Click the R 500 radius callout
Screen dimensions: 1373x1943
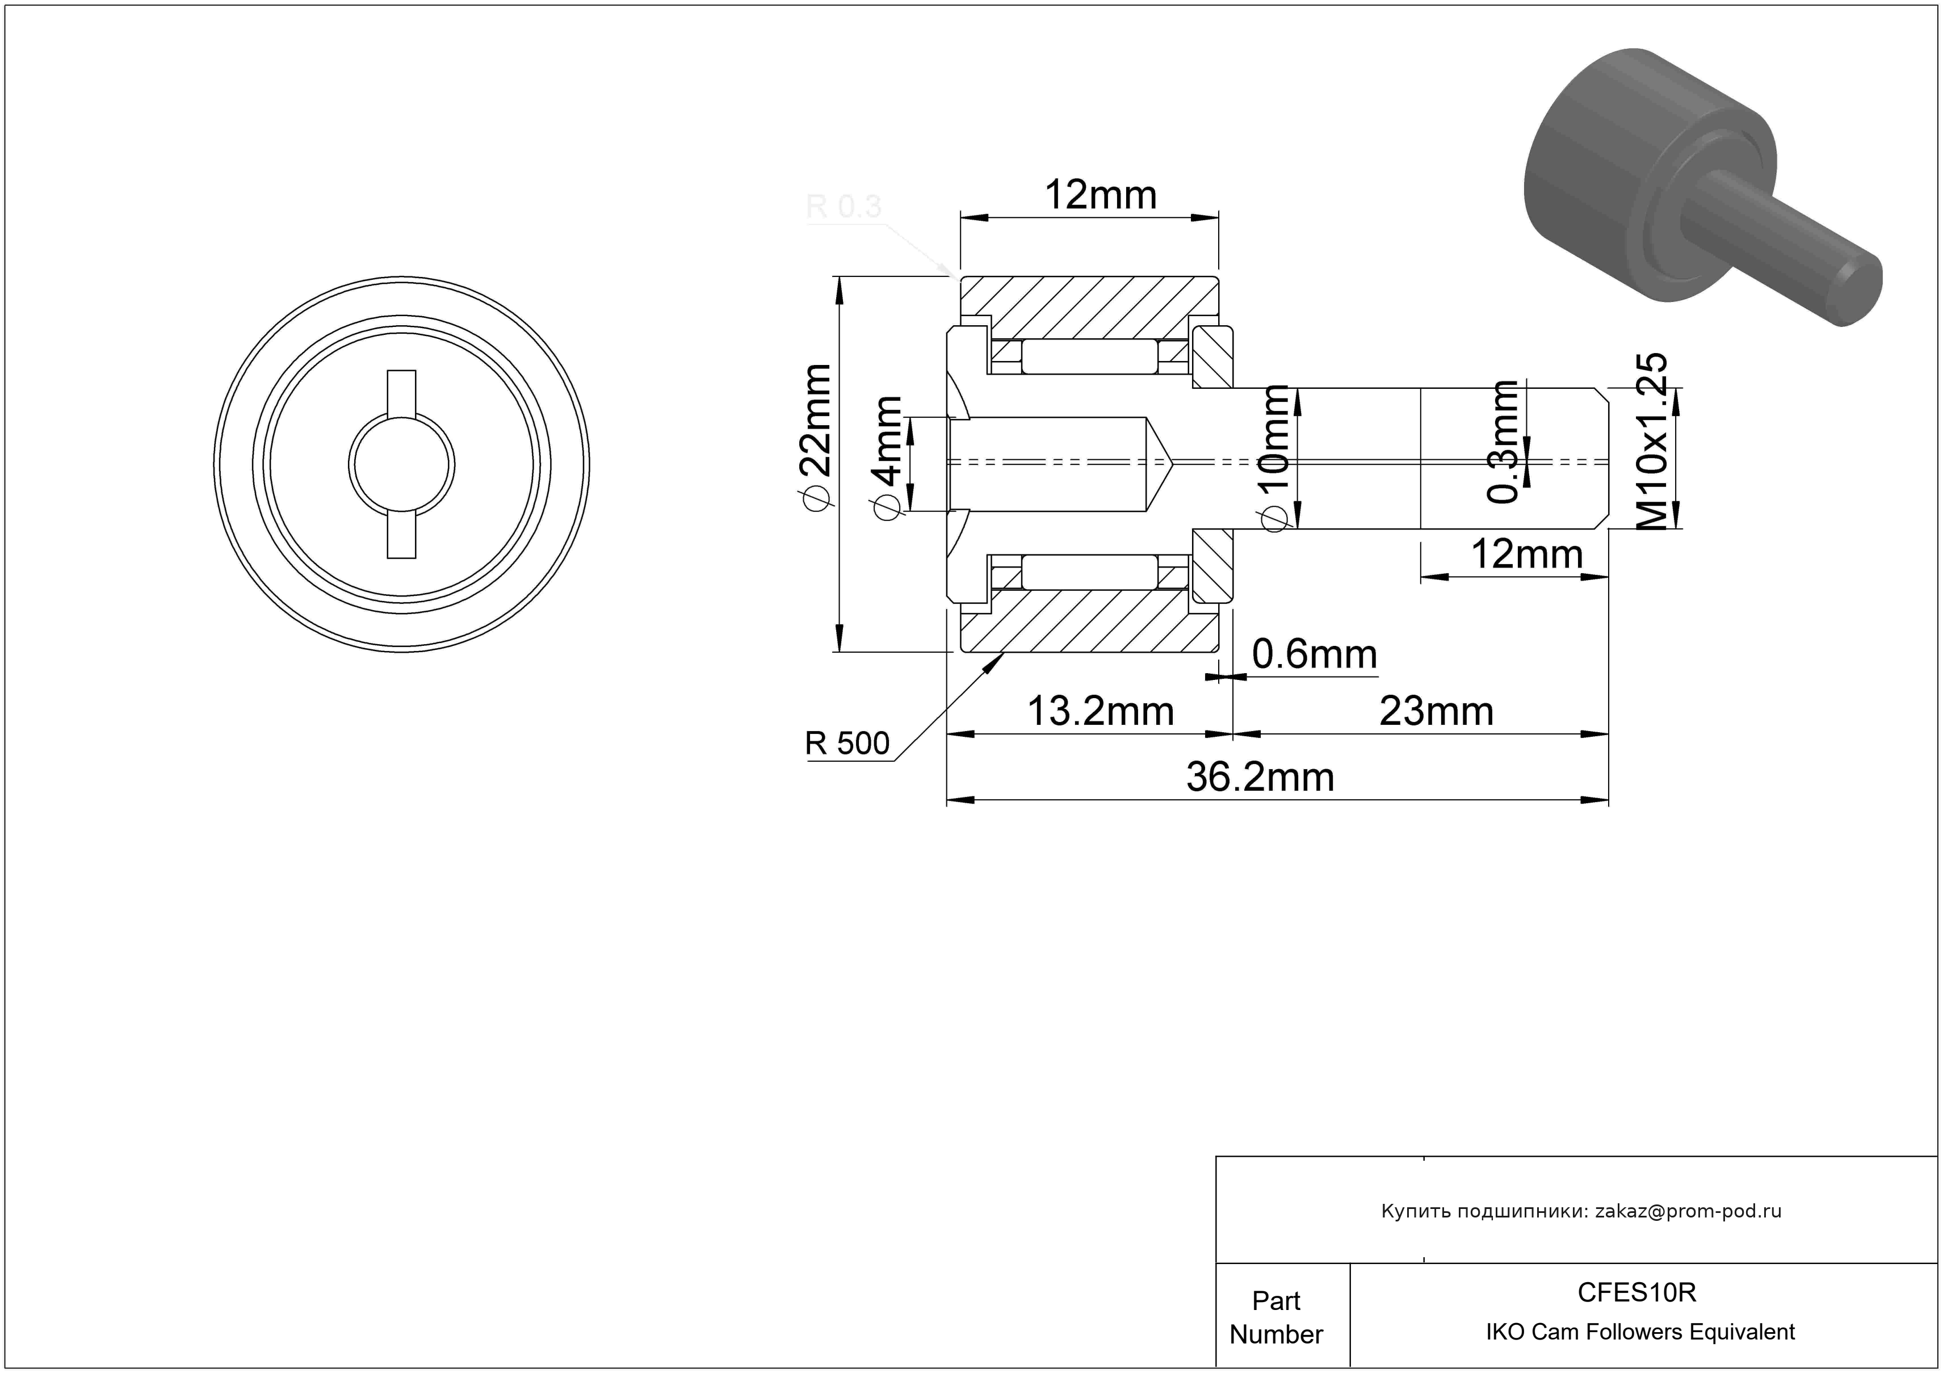pyautogui.click(x=847, y=744)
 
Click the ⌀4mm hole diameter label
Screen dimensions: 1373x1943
pyautogui.click(x=887, y=457)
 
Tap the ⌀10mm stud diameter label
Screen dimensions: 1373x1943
pyautogui.click(x=1274, y=457)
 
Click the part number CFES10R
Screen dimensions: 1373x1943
pyautogui.click(x=1636, y=1292)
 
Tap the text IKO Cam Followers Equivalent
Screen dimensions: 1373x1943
pyautogui.click(x=1640, y=1332)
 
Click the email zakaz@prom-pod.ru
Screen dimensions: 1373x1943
pyautogui.click(x=1688, y=1211)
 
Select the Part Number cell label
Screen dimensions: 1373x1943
pyautogui.click(x=1276, y=1317)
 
